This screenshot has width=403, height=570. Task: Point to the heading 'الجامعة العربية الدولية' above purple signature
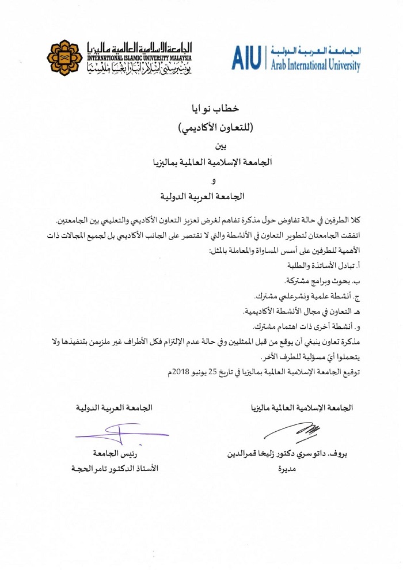coord(115,408)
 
